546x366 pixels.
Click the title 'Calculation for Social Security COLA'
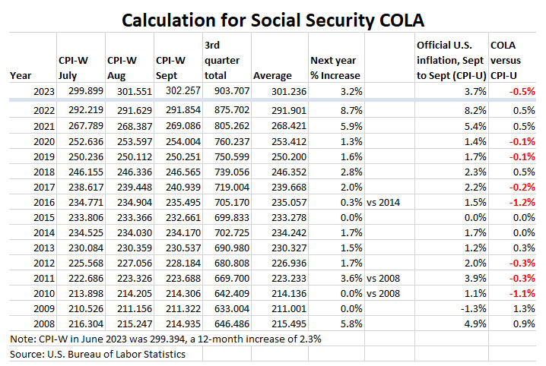tap(273, 17)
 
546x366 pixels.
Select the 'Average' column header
tap(272, 75)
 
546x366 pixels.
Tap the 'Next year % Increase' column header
tap(335, 68)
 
